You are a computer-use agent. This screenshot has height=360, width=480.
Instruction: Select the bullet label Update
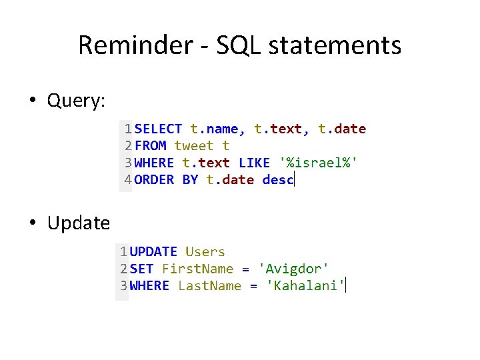tap(78, 223)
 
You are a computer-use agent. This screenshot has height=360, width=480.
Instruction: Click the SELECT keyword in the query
tap(158, 129)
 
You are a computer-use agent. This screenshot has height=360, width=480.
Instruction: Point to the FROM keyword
tap(151, 146)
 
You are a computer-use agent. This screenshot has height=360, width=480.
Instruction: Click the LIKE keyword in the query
tap(254, 163)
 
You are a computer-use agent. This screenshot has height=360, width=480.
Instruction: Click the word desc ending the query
tap(277, 179)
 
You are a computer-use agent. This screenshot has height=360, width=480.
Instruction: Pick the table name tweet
tap(194, 146)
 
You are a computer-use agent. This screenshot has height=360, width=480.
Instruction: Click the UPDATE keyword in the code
tap(153, 252)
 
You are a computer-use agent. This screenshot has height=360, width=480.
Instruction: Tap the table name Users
tap(205, 252)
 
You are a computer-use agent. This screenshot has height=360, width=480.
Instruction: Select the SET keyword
tap(141, 269)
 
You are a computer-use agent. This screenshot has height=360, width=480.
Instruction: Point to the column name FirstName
tap(197, 269)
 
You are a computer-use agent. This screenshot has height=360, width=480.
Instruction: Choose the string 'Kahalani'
tap(305, 286)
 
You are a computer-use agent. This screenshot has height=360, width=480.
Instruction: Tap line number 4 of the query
tap(126, 179)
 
